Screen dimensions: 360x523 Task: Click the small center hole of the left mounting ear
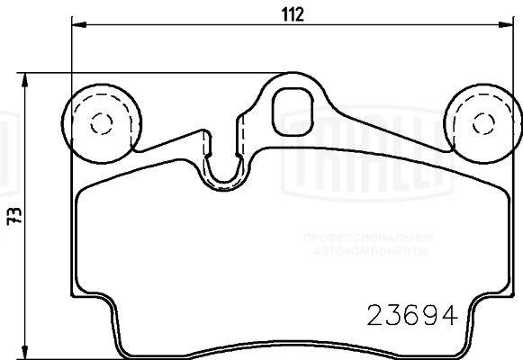[100, 123]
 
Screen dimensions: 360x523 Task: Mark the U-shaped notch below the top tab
[224, 166]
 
